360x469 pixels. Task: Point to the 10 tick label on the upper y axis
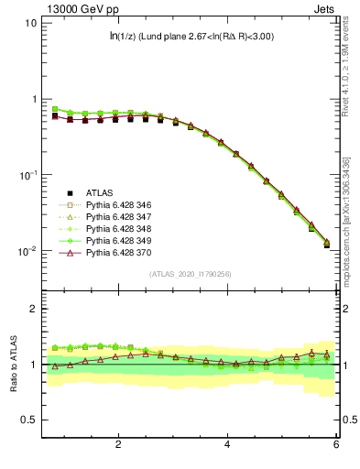click(30, 23)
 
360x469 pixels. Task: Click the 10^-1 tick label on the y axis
click(28, 175)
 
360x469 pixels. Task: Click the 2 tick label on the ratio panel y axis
click(33, 309)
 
